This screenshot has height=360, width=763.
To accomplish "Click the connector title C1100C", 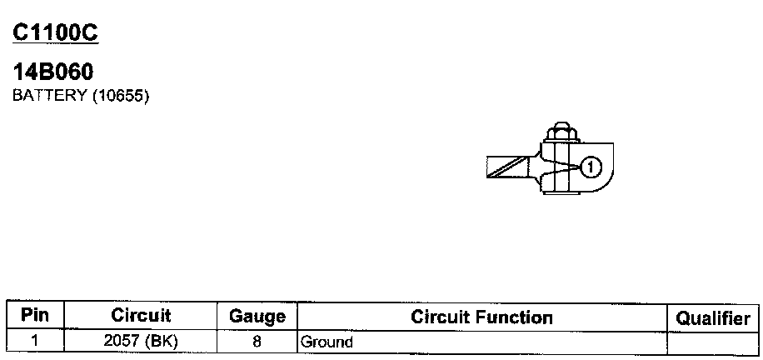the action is pyautogui.click(x=56, y=32).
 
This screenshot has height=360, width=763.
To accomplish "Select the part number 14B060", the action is pyautogui.click(x=52, y=73).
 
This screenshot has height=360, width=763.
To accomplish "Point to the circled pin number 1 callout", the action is pyautogui.click(x=590, y=167).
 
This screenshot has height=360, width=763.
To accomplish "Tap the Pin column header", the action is pyautogui.click(x=35, y=316).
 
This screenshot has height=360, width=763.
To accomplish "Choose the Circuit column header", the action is pyautogui.click(x=141, y=316).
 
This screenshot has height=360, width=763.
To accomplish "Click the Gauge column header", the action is pyautogui.click(x=257, y=317).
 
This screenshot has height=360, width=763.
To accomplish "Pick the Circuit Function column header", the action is pyautogui.click(x=481, y=317).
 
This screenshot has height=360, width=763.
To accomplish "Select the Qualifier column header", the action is pyautogui.click(x=713, y=317).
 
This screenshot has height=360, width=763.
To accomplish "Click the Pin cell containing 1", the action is pyautogui.click(x=35, y=341).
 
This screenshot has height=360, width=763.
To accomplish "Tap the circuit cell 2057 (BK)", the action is pyautogui.click(x=141, y=341).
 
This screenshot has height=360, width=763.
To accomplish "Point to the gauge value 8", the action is pyautogui.click(x=257, y=341).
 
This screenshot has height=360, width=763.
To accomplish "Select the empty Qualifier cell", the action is pyautogui.click(x=713, y=342).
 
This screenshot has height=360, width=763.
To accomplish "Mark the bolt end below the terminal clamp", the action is pyautogui.click(x=559, y=193).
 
